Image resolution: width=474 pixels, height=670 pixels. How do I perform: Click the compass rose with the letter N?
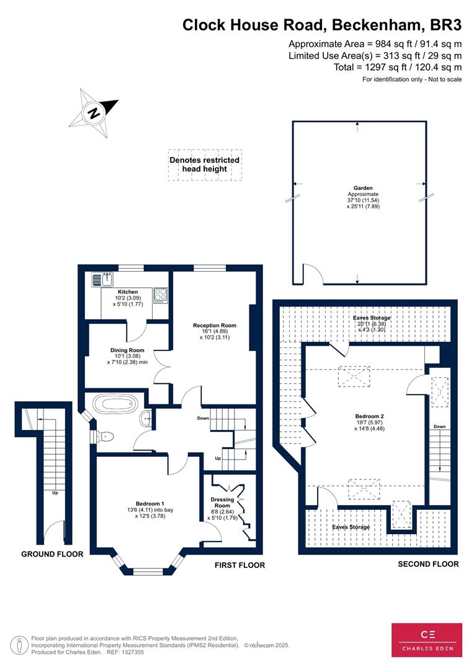tap(94, 113)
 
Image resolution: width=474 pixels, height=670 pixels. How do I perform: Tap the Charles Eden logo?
tap(427, 640)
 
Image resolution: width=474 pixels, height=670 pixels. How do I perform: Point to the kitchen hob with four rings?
tap(161, 295)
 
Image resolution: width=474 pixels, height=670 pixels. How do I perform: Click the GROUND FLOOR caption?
tap(52, 554)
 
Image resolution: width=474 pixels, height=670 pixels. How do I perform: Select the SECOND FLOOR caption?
tap(428, 564)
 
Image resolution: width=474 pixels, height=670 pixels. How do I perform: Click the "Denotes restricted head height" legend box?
tap(205, 165)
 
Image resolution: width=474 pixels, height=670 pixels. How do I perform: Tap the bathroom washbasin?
tap(146, 418)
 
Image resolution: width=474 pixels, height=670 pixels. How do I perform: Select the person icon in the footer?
tap(17, 645)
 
